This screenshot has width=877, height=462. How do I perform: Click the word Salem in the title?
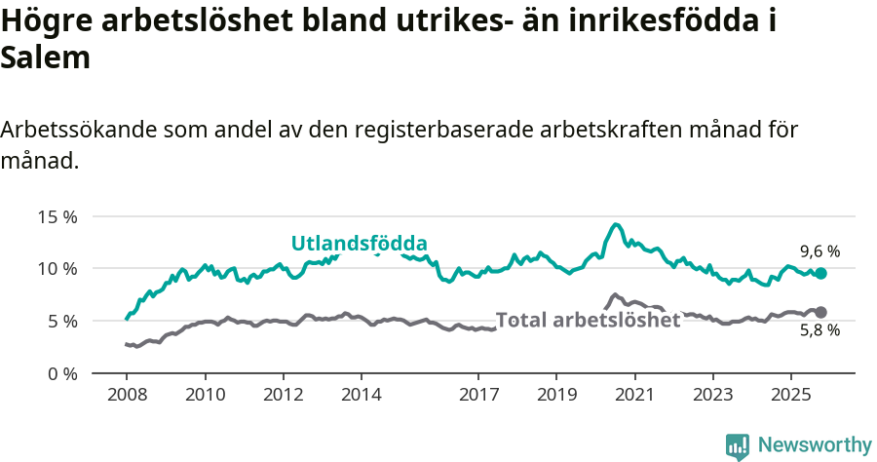coord(46,58)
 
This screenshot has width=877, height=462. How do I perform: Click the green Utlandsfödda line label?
coord(360,244)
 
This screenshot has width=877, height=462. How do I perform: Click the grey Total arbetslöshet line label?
coord(588,320)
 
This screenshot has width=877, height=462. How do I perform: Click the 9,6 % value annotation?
coord(820,251)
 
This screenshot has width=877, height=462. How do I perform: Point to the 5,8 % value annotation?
coord(820,331)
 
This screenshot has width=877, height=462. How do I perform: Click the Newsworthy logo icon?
coord(738,445)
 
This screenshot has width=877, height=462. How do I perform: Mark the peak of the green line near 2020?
coord(616,225)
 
